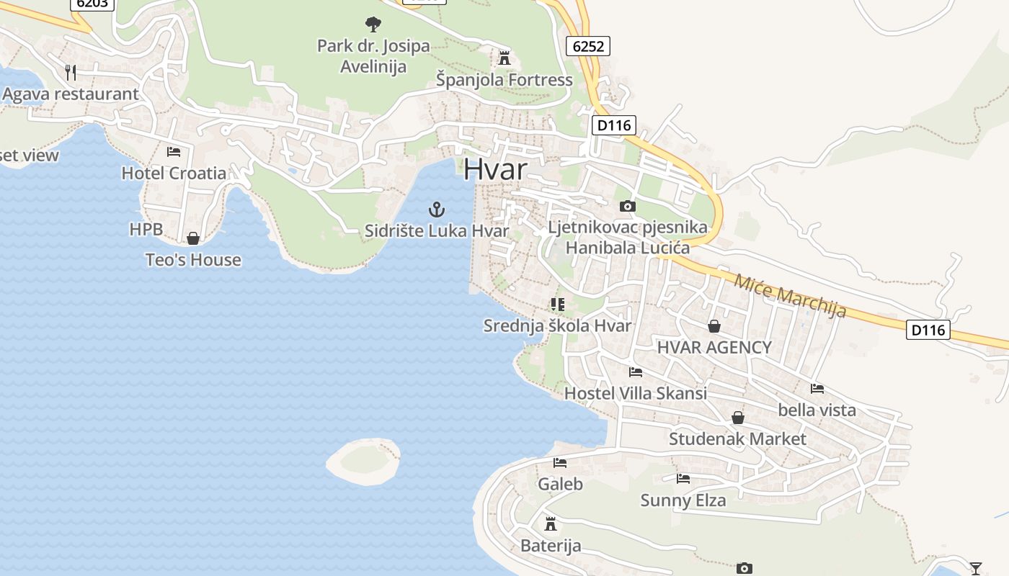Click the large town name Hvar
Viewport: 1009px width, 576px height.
(x=495, y=168)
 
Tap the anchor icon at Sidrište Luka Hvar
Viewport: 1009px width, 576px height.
(x=437, y=210)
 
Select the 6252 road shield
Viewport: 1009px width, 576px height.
(x=588, y=46)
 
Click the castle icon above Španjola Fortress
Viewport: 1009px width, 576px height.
(x=504, y=58)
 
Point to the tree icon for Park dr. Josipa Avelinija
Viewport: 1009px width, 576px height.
(x=373, y=24)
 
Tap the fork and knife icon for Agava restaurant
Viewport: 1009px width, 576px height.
(x=71, y=72)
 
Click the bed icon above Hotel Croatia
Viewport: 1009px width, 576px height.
(x=174, y=151)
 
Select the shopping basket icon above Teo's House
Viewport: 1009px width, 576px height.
(x=193, y=238)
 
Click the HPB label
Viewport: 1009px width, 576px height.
(x=146, y=230)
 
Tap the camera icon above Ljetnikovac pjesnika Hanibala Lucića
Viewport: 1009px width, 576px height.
(x=628, y=207)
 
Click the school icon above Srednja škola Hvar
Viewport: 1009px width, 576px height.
(x=557, y=305)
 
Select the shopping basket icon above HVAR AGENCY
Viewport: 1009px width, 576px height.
(x=714, y=326)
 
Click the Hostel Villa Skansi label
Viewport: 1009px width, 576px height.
(x=635, y=393)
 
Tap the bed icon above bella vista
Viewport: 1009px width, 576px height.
(x=817, y=389)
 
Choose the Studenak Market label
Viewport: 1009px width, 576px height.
(x=737, y=438)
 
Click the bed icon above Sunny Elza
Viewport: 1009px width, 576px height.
(x=683, y=478)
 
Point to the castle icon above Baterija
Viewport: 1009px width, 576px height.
(x=551, y=523)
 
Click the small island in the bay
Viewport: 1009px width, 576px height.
(x=363, y=461)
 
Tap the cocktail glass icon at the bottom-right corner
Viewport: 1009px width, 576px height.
(x=976, y=568)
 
